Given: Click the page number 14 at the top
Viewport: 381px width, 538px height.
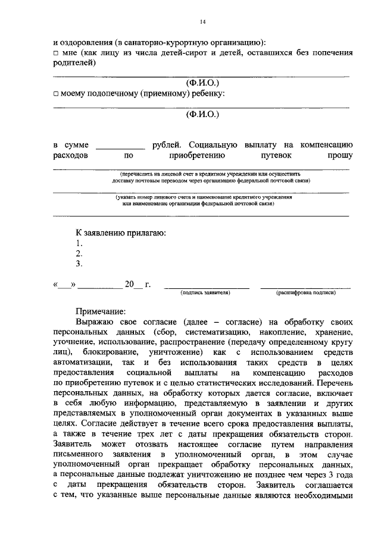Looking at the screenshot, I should [202, 22].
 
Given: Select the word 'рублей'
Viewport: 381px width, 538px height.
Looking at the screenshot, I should [165, 145].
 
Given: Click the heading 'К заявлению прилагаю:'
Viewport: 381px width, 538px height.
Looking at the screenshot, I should [120, 232].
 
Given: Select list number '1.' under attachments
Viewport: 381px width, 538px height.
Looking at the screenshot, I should [79, 243].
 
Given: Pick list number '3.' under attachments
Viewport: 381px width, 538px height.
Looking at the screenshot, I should [79, 263].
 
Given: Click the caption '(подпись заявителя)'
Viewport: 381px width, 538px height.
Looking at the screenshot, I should [206, 293].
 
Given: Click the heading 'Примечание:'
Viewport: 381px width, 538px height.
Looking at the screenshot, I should [101, 311].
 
